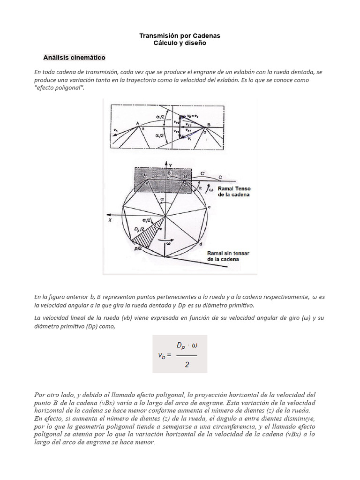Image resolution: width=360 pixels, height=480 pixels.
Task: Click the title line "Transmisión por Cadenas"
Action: click(x=180, y=36)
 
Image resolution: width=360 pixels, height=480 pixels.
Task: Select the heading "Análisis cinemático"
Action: click(x=74, y=58)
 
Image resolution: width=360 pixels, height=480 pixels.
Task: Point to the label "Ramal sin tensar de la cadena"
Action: click(x=228, y=256)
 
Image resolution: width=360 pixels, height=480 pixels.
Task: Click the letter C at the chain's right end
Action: click(x=220, y=177)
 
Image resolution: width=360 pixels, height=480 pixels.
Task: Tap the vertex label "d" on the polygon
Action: click(x=200, y=245)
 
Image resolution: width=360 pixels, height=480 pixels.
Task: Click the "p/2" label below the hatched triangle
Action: click(x=138, y=249)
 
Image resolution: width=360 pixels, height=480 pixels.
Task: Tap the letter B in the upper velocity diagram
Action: click(x=208, y=125)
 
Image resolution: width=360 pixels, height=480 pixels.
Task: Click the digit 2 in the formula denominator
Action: click(x=187, y=364)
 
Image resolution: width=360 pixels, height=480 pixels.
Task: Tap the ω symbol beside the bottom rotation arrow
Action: click(x=168, y=243)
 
